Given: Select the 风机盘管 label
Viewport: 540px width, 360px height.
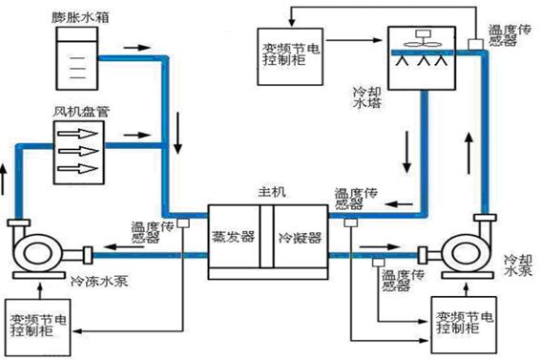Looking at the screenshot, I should click(x=81, y=112).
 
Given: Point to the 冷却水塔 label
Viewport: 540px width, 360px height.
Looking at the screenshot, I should click(x=367, y=99).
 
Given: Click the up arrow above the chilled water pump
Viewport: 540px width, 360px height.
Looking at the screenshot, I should click(x=10, y=178).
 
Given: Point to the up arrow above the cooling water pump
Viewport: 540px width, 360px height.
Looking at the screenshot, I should click(x=467, y=148).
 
